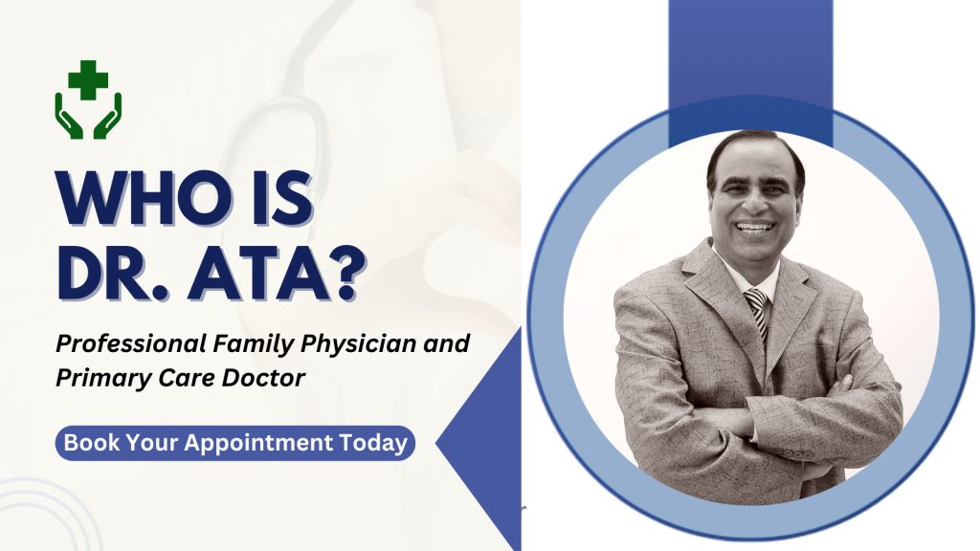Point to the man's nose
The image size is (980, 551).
(x=755, y=205)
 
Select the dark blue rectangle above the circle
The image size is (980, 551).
(x=749, y=57)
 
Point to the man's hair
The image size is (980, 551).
(x=756, y=149)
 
